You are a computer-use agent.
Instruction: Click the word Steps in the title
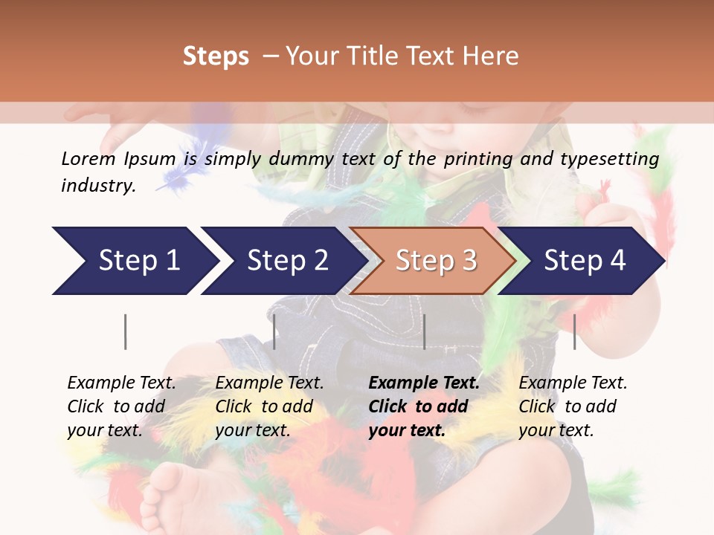coord(216,56)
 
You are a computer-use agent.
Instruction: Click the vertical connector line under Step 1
coord(126,331)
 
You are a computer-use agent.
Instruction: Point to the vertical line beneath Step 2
coord(274,331)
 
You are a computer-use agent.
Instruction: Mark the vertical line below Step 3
coord(425,331)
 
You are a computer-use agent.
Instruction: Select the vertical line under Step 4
coord(575,331)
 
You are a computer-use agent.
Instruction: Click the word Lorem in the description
coord(88,159)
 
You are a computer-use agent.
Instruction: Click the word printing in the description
coord(478,159)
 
